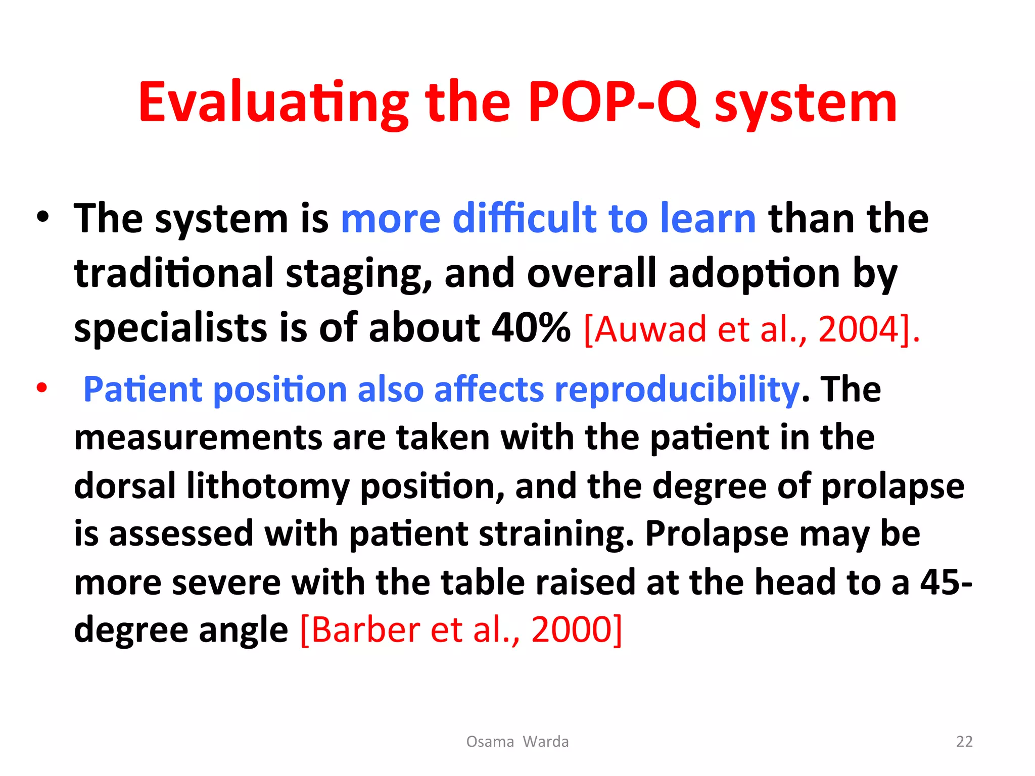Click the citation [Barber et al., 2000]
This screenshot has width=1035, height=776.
click(461, 630)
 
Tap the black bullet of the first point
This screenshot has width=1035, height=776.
click(43, 217)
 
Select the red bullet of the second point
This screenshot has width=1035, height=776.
click(42, 388)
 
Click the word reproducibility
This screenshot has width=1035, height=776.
click(677, 390)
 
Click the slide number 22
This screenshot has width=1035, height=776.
click(964, 741)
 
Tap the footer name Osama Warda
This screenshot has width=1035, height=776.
click(517, 741)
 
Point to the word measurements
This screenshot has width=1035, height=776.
click(198, 438)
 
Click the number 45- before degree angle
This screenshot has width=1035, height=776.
click(946, 583)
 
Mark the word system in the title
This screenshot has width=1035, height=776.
click(806, 104)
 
